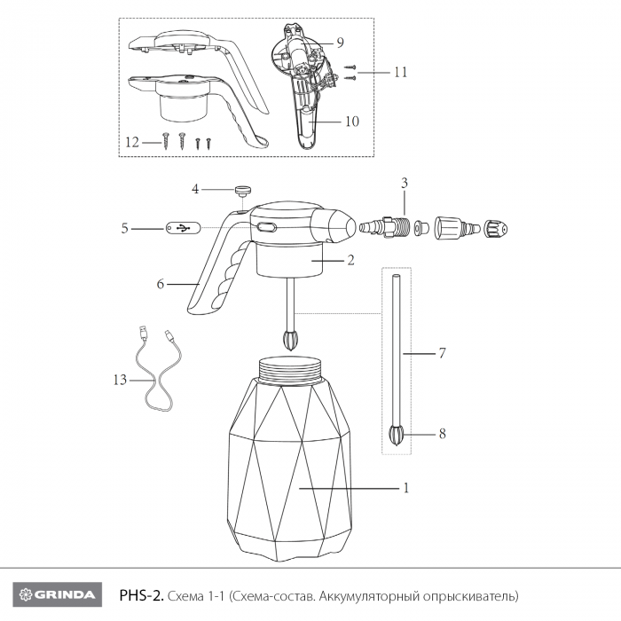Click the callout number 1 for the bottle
(x=406, y=488)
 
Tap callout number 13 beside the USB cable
(x=120, y=380)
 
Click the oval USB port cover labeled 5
(x=184, y=228)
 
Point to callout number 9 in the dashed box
(x=340, y=43)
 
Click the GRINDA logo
(x=58, y=594)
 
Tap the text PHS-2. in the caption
(x=141, y=595)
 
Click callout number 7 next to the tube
(x=443, y=352)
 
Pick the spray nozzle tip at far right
(x=497, y=229)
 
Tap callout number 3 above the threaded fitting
(x=405, y=183)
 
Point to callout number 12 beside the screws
(x=133, y=141)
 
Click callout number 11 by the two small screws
(x=401, y=72)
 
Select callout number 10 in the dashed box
(x=352, y=121)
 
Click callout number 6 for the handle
(x=161, y=284)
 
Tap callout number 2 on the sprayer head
(x=350, y=260)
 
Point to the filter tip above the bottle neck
(x=291, y=340)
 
